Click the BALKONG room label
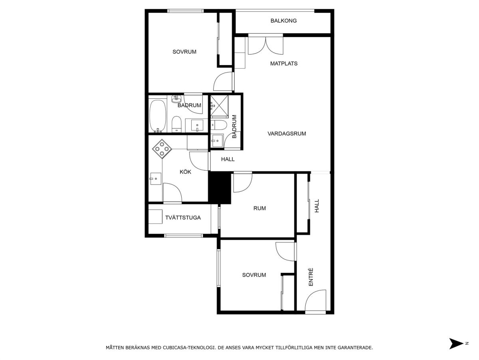(x=283, y=21)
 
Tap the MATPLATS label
(x=284, y=64)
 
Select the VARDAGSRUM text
(x=287, y=133)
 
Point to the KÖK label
(x=185, y=172)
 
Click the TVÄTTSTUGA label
(x=183, y=218)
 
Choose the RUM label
(x=259, y=208)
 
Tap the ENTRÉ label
(x=311, y=277)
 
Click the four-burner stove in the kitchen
(x=162, y=149)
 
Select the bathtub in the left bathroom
(x=157, y=116)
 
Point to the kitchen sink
(x=156, y=179)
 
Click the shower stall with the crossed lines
(x=219, y=107)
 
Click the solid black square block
(x=220, y=188)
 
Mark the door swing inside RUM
(x=243, y=183)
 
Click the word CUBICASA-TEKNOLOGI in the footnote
(x=188, y=347)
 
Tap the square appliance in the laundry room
(x=155, y=217)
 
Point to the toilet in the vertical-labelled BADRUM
(x=219, y=125)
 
